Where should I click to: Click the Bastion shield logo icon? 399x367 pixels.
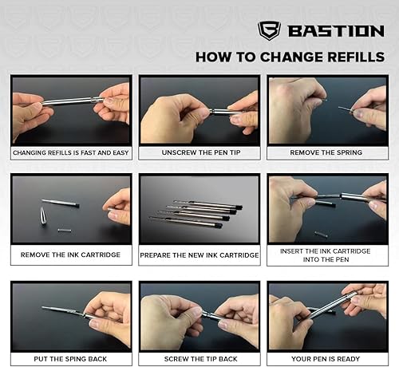click(269, 31)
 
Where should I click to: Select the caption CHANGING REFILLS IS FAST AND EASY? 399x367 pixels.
click(71, 152)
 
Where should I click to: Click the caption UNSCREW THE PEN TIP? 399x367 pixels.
click(199, 152)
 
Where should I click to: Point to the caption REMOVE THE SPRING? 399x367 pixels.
click(326, 152)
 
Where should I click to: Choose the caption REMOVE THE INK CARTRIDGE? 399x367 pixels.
click(71, 255)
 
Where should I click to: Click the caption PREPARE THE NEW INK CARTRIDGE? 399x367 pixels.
click(199, 255)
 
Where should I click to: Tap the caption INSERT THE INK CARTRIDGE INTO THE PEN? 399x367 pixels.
click(326, 255)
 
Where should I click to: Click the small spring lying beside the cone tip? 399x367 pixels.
click(64, 231)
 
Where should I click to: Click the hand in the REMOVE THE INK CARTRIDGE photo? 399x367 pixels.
click(118, 206)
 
